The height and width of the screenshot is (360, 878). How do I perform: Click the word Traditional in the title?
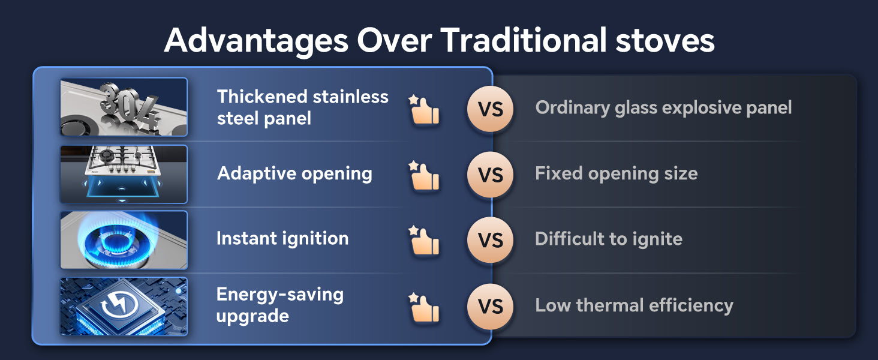tap(524, 40)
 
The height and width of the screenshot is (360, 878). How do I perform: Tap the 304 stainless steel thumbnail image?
tap(124, 107)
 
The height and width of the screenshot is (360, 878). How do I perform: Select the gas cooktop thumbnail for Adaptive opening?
tap(124, 174)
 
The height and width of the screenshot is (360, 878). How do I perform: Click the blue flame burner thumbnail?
tap(124, 240)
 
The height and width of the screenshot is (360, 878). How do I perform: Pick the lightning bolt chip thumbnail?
tap(124, 306)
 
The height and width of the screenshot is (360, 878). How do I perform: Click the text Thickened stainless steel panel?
tap(303, 107)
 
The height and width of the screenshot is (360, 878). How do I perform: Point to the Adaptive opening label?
tap(294, 174)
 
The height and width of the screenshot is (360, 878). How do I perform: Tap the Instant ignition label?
tap(282, 238)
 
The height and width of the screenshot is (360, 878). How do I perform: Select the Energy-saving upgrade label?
tap(280, 305)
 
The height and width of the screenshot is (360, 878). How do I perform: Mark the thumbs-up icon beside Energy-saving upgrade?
tap(424, 307)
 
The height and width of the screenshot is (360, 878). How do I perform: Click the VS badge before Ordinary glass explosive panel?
tap(491, 109)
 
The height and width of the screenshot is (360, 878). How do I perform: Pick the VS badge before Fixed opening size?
tap(491, 175)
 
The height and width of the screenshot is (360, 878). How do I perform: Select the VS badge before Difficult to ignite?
tap(491, 240)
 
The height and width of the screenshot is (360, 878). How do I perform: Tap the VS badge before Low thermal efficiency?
tap(491, 307)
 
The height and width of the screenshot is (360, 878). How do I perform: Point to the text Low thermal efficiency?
tap(634, 305)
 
